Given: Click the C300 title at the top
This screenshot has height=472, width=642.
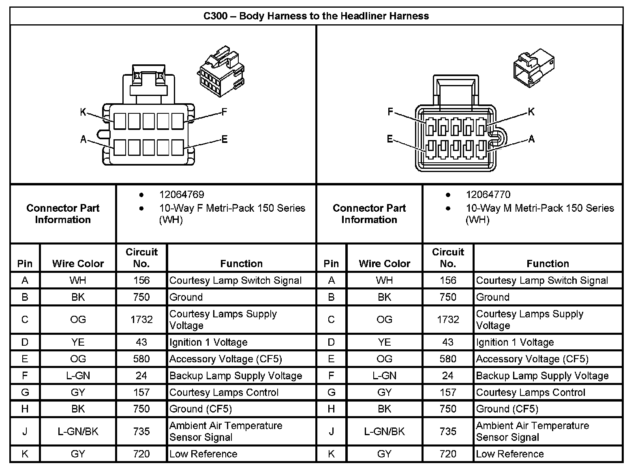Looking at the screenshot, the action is tap(316, 16).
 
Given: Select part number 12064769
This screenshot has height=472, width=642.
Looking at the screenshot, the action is tap(182, 195).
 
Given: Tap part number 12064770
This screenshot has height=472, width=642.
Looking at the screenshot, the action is tap(488, 195).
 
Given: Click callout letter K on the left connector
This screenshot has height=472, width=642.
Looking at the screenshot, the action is tap(83, 112).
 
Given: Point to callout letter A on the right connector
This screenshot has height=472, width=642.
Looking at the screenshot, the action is tap(531, 139).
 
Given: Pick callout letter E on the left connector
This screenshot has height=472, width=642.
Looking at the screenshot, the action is tap(225, 139).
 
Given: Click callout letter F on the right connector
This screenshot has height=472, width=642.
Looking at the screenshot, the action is tap(390, 112).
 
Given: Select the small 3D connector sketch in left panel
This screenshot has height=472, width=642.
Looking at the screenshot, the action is tap(220, 71).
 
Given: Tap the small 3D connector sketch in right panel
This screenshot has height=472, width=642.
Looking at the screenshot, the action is tap(534, 68).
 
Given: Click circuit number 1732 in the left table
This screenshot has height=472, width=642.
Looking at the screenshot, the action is tap(141, 319).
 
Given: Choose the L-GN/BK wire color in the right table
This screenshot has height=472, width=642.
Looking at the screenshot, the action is tap(384, 432).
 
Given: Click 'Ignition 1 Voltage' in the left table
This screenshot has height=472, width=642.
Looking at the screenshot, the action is tap(208, 342).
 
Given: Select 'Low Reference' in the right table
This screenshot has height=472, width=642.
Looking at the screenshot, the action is tap(510, 454).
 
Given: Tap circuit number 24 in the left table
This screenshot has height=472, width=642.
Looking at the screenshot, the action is tap(141, 376).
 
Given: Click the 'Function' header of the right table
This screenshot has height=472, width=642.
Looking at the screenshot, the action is tap(548, 264).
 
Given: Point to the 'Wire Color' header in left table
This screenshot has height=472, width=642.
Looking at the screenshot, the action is tap(78, 264).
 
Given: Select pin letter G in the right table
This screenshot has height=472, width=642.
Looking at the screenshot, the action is tap(331, 392).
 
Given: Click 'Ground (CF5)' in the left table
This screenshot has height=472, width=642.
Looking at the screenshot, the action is tap(201, 409).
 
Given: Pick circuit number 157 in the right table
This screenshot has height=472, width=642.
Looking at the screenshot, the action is tap(448, 392).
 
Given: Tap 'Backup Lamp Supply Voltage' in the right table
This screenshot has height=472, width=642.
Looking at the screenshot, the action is tap(542, 376).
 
